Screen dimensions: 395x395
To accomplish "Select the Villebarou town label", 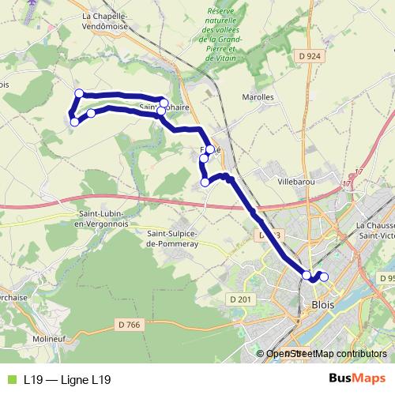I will (x=296, y=180).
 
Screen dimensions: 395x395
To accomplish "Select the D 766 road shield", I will (x=128, y=325).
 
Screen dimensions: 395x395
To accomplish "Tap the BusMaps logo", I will (x=355, y=379).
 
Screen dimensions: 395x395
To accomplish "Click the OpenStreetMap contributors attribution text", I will (x=325, y=354).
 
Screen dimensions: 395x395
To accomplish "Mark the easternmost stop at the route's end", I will (x=323, y=276).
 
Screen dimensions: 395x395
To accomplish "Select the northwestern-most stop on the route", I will (x=78, y=94).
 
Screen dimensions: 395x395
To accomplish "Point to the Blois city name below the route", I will (x=323, y=304).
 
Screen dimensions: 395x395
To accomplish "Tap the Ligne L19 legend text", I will (x=66, y=380).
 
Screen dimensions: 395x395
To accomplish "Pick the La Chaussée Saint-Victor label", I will (x=375, y=228).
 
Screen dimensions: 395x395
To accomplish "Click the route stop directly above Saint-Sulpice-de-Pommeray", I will (x=205, y=182).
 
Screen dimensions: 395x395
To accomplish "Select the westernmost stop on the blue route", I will (x=74, y=122).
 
